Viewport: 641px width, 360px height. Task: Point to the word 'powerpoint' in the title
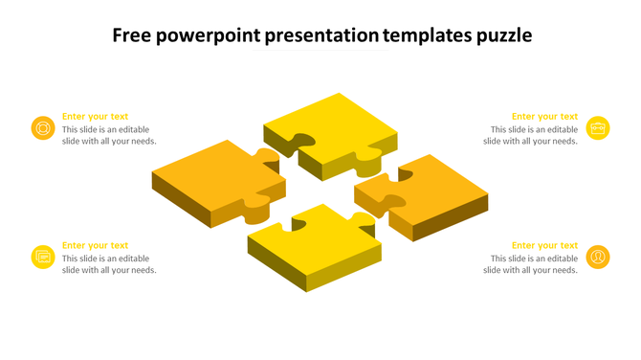(210, 37)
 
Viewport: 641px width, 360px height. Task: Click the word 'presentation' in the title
(321, 37)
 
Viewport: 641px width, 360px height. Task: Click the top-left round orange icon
(43, 127)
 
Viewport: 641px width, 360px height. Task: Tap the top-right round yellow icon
(598, 127)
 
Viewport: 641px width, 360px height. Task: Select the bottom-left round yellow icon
(43, 257)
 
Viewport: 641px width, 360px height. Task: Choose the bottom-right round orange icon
(598, 257)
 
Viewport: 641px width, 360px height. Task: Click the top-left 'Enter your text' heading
(95, 117)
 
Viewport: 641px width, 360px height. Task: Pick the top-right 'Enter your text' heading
(544, 117)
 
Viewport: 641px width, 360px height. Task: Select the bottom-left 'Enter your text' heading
(95, 246)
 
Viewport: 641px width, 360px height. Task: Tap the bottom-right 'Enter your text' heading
(544, 246)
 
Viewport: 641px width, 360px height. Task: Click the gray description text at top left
(109, 135)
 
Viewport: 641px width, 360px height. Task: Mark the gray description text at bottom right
(531, 264)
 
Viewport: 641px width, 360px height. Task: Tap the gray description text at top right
(531, 135)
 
